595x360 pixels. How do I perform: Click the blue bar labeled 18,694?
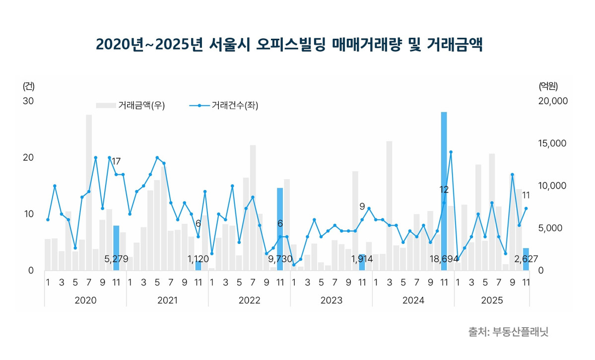[x=444, y=191]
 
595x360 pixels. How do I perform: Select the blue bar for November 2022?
[x=280, y=229]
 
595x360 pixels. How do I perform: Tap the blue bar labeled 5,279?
[x=116, y=248]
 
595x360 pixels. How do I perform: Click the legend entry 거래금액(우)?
[x=131, y=105]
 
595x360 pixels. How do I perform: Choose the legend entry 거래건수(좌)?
[x=224, y=105]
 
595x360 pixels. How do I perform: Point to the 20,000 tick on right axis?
[x=553, y=101]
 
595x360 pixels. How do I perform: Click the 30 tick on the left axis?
[x=28, y=101]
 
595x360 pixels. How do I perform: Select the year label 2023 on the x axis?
[x=331, y=300]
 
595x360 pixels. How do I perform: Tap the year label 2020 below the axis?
[x=85, y=300]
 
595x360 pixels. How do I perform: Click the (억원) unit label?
[x=548, y=86]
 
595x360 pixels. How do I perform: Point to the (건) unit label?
[x=29, y=86]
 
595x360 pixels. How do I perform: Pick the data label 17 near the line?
[x=116, y=161]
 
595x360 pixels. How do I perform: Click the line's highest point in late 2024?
[x=451, y=152]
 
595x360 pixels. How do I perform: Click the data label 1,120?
[x=198, y=259]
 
